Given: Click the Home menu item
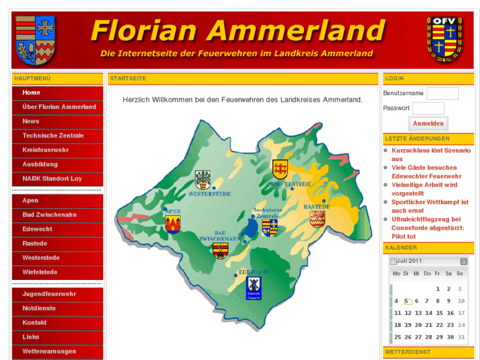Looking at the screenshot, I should click(31, 92).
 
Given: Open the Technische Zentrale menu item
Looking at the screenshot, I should click(53, 135).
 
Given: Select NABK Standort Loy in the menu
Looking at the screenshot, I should click(52, 178).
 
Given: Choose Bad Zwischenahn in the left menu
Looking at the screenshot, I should click(50, 215).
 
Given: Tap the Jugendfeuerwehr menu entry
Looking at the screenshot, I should click(49, 294).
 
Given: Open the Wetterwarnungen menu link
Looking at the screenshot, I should click(49, 351).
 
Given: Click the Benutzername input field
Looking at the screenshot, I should click(442, 93).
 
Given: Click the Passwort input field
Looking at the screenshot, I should click(428, 108).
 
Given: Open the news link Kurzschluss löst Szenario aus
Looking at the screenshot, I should click(430, 155).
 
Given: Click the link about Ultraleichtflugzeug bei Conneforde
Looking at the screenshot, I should click(427, 227).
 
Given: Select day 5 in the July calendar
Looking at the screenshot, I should click(407, 301).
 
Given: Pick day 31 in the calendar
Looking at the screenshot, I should click(450, 337).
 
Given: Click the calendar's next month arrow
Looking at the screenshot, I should click(463, 262).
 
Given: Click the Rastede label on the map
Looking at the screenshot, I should click(316, 207).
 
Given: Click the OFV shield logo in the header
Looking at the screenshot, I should click(444, 40).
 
